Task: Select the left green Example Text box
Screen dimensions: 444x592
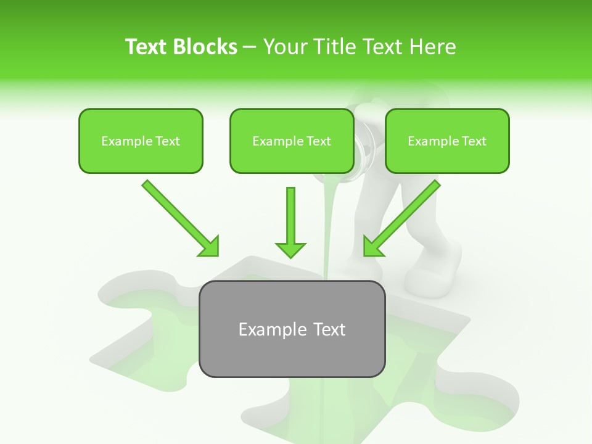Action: (x=141, y=141)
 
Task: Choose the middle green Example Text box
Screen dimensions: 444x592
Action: (x=292, y=141)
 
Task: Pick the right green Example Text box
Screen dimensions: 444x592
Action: (x=447, y=141)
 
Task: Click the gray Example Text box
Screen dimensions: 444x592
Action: (x=292, y=329)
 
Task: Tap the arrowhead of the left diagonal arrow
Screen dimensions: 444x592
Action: (x=210, y=247)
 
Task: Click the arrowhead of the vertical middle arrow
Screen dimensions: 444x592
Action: (x=290, y=249)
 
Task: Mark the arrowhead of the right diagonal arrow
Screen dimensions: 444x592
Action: (x=372, y=247)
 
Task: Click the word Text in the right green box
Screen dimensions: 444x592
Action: (x=474, y=141)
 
